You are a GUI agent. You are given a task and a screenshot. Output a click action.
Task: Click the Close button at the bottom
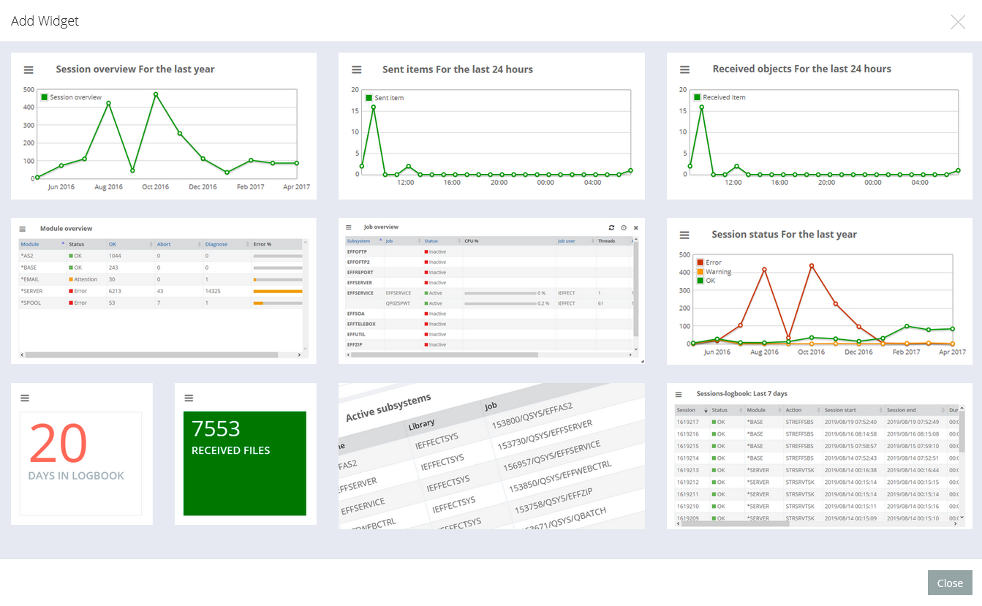pos(950,583)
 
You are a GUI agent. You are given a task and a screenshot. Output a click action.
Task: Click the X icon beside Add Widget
pos(958,22)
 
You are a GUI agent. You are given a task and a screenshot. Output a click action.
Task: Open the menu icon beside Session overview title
pos(29,69)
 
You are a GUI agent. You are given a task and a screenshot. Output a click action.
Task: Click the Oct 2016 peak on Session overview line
pos(156,94)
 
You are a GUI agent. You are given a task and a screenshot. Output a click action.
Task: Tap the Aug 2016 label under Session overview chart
pos(108,187)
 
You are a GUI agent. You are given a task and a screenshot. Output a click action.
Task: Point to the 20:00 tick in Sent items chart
pos(499,183)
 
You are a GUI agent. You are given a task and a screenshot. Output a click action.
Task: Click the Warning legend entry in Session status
pos(718,272)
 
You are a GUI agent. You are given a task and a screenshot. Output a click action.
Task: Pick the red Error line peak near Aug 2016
pos(764,270)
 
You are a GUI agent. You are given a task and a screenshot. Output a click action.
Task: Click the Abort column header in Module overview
pos(164,244)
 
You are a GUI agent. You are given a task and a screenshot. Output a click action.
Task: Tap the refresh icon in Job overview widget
pos(612,227)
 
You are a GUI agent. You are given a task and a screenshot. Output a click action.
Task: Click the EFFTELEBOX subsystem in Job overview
pos(361,324)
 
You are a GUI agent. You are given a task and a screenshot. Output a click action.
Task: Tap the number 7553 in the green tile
pos(216,428)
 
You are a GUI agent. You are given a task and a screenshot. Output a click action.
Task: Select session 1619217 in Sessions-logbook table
pos(687,422)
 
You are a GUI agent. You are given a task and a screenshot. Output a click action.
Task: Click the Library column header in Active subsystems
pos(421,424)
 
